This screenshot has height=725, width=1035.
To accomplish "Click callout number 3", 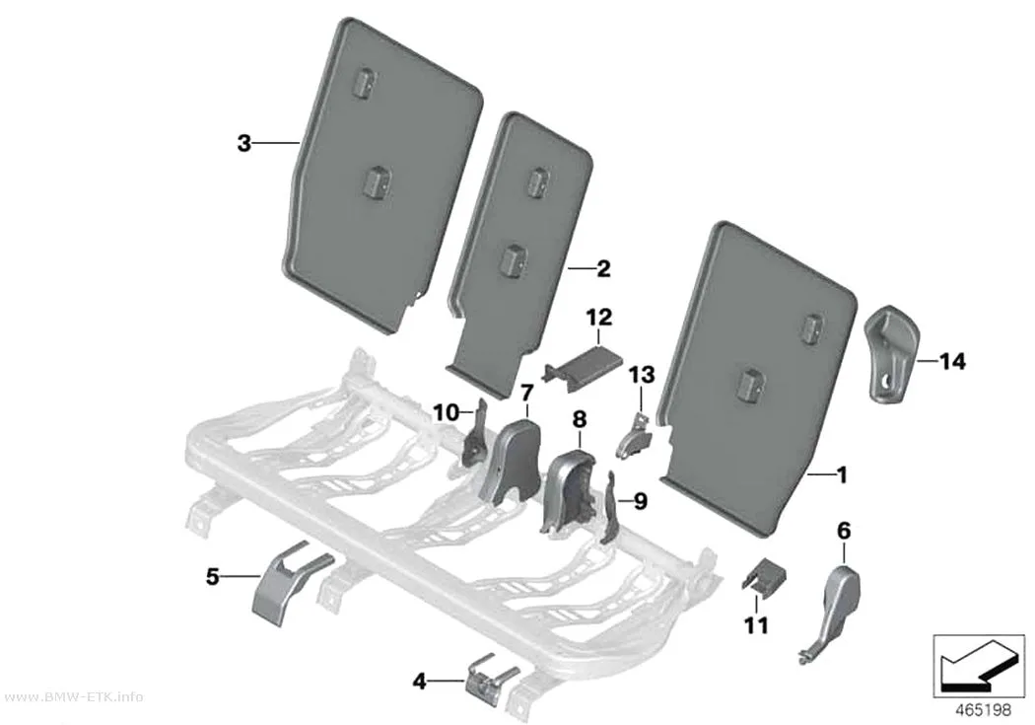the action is point(244,143).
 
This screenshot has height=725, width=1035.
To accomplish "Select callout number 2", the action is point(603,268).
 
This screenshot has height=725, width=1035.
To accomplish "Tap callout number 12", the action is point(598,317).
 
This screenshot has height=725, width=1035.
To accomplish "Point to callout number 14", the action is point(952,361).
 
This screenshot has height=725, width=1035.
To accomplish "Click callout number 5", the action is point(212,576).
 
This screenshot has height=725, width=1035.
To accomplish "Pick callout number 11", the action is point(756,624).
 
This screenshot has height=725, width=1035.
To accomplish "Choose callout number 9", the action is point(640,502).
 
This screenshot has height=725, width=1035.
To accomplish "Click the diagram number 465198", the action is point(984,710).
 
